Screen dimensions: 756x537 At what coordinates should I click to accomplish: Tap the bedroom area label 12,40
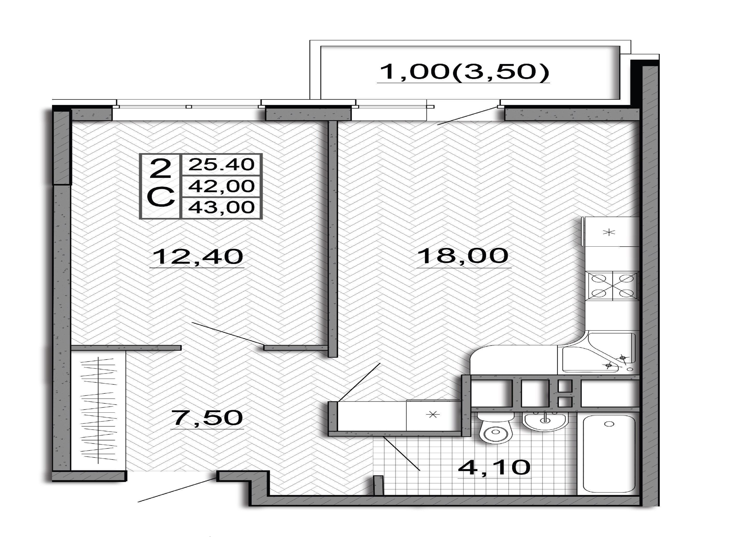coord(198,257)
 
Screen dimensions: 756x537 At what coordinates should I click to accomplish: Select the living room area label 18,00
coord(463,256)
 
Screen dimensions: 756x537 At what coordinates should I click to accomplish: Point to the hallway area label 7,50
coord(207,418)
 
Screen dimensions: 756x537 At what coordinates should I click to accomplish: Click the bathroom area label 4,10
coord(494,467)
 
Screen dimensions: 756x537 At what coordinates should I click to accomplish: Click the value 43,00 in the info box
coord(221,207)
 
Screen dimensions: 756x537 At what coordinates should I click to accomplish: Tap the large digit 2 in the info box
coord(160,168)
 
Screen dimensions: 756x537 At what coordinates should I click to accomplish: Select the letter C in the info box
coord(160,197)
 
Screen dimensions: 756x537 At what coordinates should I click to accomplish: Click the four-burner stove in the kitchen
coord(612,286)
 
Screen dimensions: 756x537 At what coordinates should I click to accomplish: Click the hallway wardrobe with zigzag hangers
coord(98,411)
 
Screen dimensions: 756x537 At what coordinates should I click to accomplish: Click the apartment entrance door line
coord(177,490)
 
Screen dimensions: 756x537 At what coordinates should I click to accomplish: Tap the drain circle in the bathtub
coord(609,424)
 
